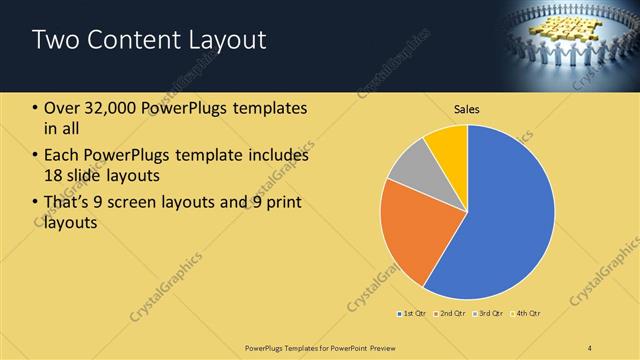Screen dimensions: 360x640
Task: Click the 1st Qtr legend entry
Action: [413, 314]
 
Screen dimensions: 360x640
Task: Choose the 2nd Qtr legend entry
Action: [451, 314]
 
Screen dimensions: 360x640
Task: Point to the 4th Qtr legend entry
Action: [528, 314]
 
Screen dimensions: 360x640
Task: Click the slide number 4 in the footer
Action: [590, 347]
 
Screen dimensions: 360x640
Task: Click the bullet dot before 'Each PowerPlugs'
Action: [36, 156]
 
